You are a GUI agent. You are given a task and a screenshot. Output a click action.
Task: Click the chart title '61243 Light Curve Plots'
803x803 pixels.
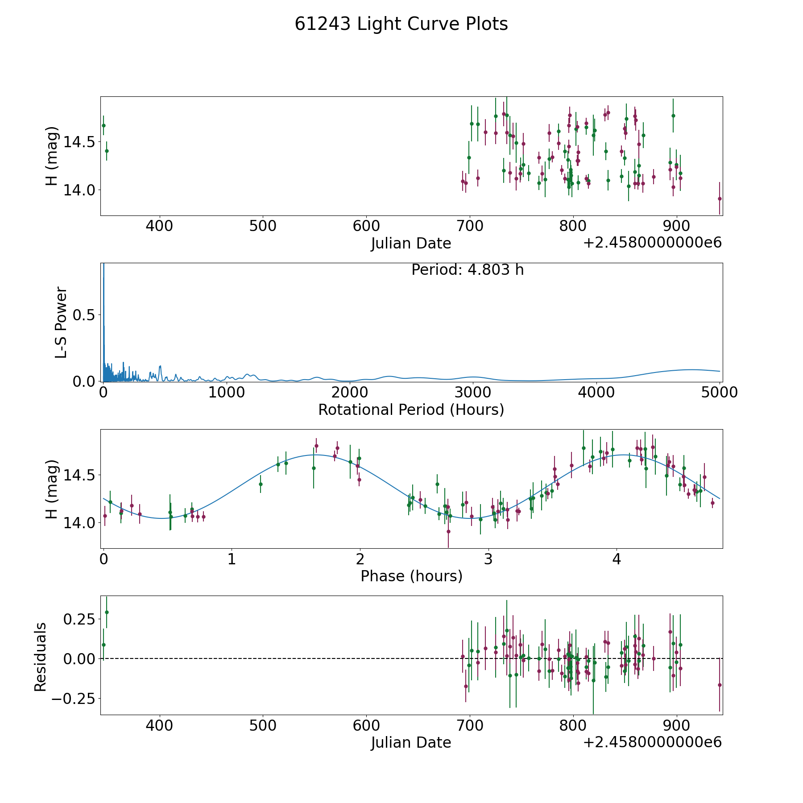pos(401,24)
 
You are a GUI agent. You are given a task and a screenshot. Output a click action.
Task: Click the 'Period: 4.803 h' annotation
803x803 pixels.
pos(468,270)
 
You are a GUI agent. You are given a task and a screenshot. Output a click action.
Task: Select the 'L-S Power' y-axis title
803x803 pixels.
pos(61,322)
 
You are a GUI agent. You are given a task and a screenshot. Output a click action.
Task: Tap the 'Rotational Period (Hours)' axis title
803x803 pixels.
pos(411,410)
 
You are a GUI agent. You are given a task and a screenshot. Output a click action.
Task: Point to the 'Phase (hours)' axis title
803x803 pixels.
pos(411,576)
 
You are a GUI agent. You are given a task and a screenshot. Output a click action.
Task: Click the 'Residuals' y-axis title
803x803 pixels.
pos(41,657)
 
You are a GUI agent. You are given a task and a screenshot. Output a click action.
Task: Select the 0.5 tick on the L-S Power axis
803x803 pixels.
pos(83,315)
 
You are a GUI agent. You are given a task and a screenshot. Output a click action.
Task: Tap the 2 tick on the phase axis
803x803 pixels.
pos(360,559)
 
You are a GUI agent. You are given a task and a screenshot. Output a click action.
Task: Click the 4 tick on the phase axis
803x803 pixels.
pos(617,559)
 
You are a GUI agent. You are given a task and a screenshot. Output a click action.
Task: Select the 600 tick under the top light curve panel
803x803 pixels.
pos(366,226)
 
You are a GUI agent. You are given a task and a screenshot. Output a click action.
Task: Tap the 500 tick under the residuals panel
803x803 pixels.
pos(262,725)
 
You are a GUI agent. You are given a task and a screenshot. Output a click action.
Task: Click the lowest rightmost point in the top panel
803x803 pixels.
pos(720,199)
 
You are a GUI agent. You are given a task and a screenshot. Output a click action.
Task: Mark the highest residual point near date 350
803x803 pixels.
pos(107,612)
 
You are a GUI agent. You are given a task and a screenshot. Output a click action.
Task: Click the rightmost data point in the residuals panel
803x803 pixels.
pos(720,685)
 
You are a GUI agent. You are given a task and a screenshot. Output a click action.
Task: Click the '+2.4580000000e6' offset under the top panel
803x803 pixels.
pos(652,243)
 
